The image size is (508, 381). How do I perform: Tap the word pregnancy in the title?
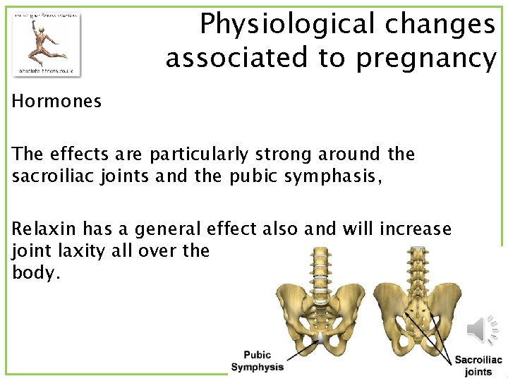click(x=426, y=59)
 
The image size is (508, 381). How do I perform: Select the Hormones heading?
click(x=56, y=102)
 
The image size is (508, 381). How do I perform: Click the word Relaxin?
click(x=45, y=229)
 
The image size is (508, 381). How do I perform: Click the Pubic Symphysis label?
click(x=257, y=361)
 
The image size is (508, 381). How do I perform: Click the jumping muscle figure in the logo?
click(x=45, y=43)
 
